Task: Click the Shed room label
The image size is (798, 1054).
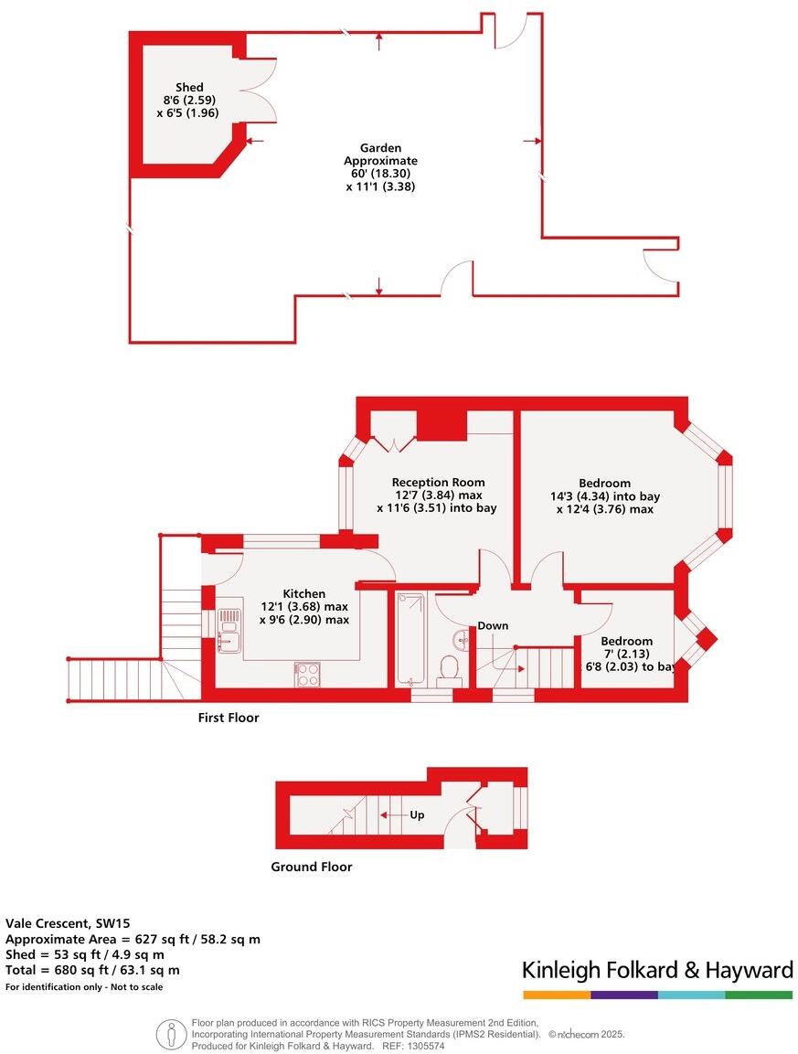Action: pos(189,88)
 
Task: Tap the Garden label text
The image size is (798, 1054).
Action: pos(380,148)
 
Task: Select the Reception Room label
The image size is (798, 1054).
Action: pos(439,482)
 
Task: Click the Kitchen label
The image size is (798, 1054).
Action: pos(303,593)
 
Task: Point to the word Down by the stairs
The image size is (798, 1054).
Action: pos(493,626)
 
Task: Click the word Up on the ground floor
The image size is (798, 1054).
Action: pos(417,814)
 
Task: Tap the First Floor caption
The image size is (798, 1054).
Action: pos(228,718)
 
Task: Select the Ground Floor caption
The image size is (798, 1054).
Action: pos(312,868)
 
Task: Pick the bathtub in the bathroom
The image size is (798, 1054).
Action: pos(410,638)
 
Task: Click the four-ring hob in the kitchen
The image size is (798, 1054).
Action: pos(307,675)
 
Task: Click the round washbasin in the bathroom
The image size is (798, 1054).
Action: pos(462,639)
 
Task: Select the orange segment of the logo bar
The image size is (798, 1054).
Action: pos(557,995)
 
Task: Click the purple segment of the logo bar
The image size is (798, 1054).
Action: pos(624,995)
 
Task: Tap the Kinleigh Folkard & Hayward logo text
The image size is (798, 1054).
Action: pos(657,971)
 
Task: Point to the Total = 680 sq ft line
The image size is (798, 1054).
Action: pos(92,970)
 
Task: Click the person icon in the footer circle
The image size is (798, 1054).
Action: pos(172,1034)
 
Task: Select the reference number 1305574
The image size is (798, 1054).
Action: pos(423,1046)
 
